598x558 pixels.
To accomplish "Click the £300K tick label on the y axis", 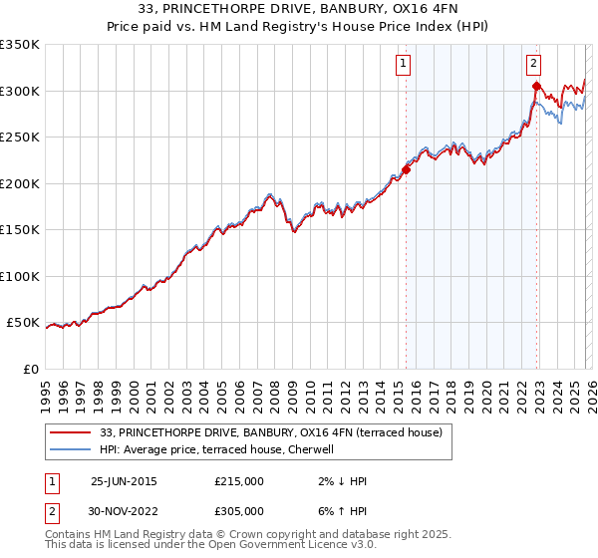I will pyautogui.click(x=20, y=91).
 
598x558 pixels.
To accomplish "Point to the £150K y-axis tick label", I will pyautogui.click(x=20, y=229).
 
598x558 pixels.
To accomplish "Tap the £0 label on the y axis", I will pyautogui.click(x=30, y=369).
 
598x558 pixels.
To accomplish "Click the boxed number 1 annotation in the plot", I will pyautogui.click(x=404, y=65).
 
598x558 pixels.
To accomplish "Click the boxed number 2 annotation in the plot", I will pyautogui.click(x=534, y=65).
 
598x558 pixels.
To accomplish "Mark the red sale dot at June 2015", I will pyautogui.click(x=406, y=170).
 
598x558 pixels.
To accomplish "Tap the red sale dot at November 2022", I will pyautogui.click(x=536, y=87).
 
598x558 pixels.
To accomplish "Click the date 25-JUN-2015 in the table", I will pyautogui.click(x=124, y=481).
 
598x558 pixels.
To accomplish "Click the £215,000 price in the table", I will pyautogui.click(x=239, y=481).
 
